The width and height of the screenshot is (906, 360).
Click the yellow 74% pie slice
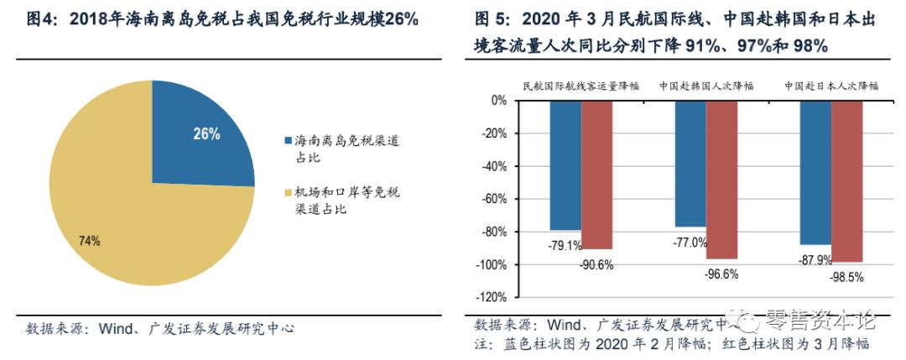(x=126, y=227)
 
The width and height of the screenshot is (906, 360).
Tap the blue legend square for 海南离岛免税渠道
(x=287, y=140)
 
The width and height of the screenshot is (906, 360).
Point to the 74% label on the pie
(x=89, y=241)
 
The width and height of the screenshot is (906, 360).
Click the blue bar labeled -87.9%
(x=815, y=172)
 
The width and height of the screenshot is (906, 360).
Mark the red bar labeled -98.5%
(x=846, y=180)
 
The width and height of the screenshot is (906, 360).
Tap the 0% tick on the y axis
(x=498, y=101)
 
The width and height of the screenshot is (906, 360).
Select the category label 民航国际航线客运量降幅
(x=580, y=86)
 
